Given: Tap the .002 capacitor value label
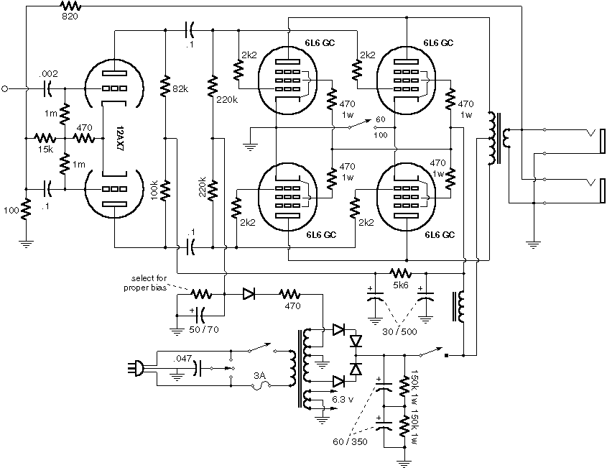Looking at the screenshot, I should tap(47, 75).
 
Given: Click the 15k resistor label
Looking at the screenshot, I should tap(44, 149).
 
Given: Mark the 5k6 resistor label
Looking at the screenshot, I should tap(399, 285).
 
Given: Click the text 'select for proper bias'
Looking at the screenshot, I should tap(148, 283).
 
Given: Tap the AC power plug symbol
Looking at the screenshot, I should tap(134, 368).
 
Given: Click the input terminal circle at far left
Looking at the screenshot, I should tap(6, 88).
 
